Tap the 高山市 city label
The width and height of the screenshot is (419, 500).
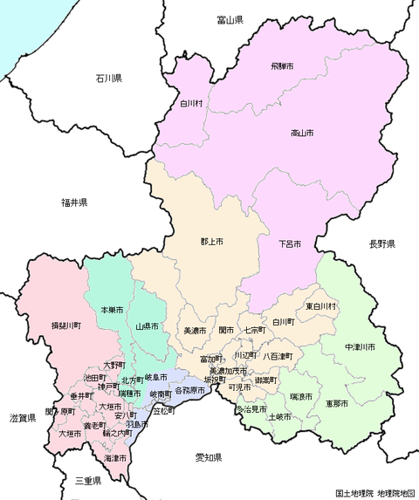point(302,133)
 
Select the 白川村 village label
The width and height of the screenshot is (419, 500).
point(192,103)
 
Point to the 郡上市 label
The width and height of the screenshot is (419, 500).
point(212,241)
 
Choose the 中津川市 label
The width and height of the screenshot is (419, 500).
point(360,347)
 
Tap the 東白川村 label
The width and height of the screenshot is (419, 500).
point(321,306)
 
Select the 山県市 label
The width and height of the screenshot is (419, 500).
point(148,326)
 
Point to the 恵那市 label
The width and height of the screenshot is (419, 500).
point(336,404)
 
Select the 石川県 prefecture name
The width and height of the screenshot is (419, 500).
point(110,79)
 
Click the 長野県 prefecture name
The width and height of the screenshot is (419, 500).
point(381,243)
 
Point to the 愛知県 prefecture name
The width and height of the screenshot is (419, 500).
point(208,457)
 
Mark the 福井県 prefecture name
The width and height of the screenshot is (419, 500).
point(73,202)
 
